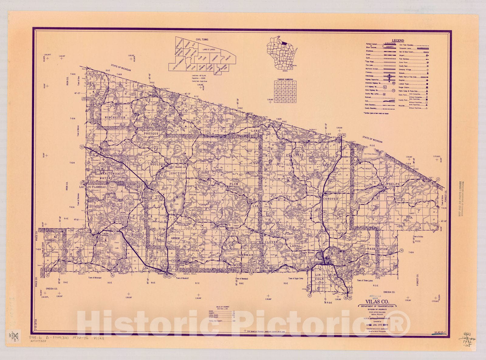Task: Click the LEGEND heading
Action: (398, 41)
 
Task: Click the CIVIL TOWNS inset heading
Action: (202, 39)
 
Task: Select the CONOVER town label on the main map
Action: (330, 199)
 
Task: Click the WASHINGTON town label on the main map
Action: (377, 249)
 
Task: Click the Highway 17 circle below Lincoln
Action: (310, 295)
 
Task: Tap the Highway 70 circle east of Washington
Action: (402, 251)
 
